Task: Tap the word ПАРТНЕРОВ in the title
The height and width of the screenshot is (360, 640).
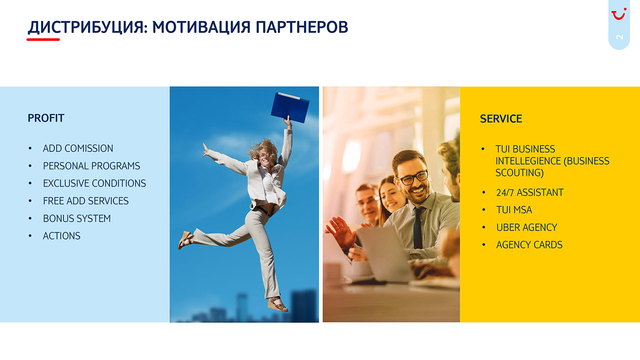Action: tap(301, 27)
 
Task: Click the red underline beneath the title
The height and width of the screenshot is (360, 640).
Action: tap(43, 39)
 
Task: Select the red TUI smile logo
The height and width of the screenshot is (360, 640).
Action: tap(619, 14)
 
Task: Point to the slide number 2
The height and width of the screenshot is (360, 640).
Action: tap(619, 37)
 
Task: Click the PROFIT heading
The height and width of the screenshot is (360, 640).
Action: tap(45, 118)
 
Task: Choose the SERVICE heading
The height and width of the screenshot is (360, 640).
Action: tap(501, 118)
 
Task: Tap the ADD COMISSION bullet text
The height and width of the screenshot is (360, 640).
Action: tap(78, 148)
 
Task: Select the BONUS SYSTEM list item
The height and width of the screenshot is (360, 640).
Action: tap(77, 218)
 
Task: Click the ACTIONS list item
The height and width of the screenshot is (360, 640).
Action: tap(61, 235)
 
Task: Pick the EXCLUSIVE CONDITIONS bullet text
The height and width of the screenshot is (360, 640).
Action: tap(94, 183)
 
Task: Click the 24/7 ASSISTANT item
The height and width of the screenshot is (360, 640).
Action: tap(529, 192)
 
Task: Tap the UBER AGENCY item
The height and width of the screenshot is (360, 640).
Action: tap(526, 227)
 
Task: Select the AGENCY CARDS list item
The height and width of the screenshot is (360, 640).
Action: tap(529, 245)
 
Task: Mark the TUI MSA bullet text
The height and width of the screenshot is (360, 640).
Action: tap(514, 210)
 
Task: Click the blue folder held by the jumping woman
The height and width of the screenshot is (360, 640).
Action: tap(290, 107)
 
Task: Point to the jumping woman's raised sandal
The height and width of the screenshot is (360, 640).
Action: tap(185, 239)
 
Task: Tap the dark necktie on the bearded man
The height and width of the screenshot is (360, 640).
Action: tap(417, 227)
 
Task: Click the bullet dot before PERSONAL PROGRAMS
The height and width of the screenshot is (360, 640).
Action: tap(30, 165)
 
